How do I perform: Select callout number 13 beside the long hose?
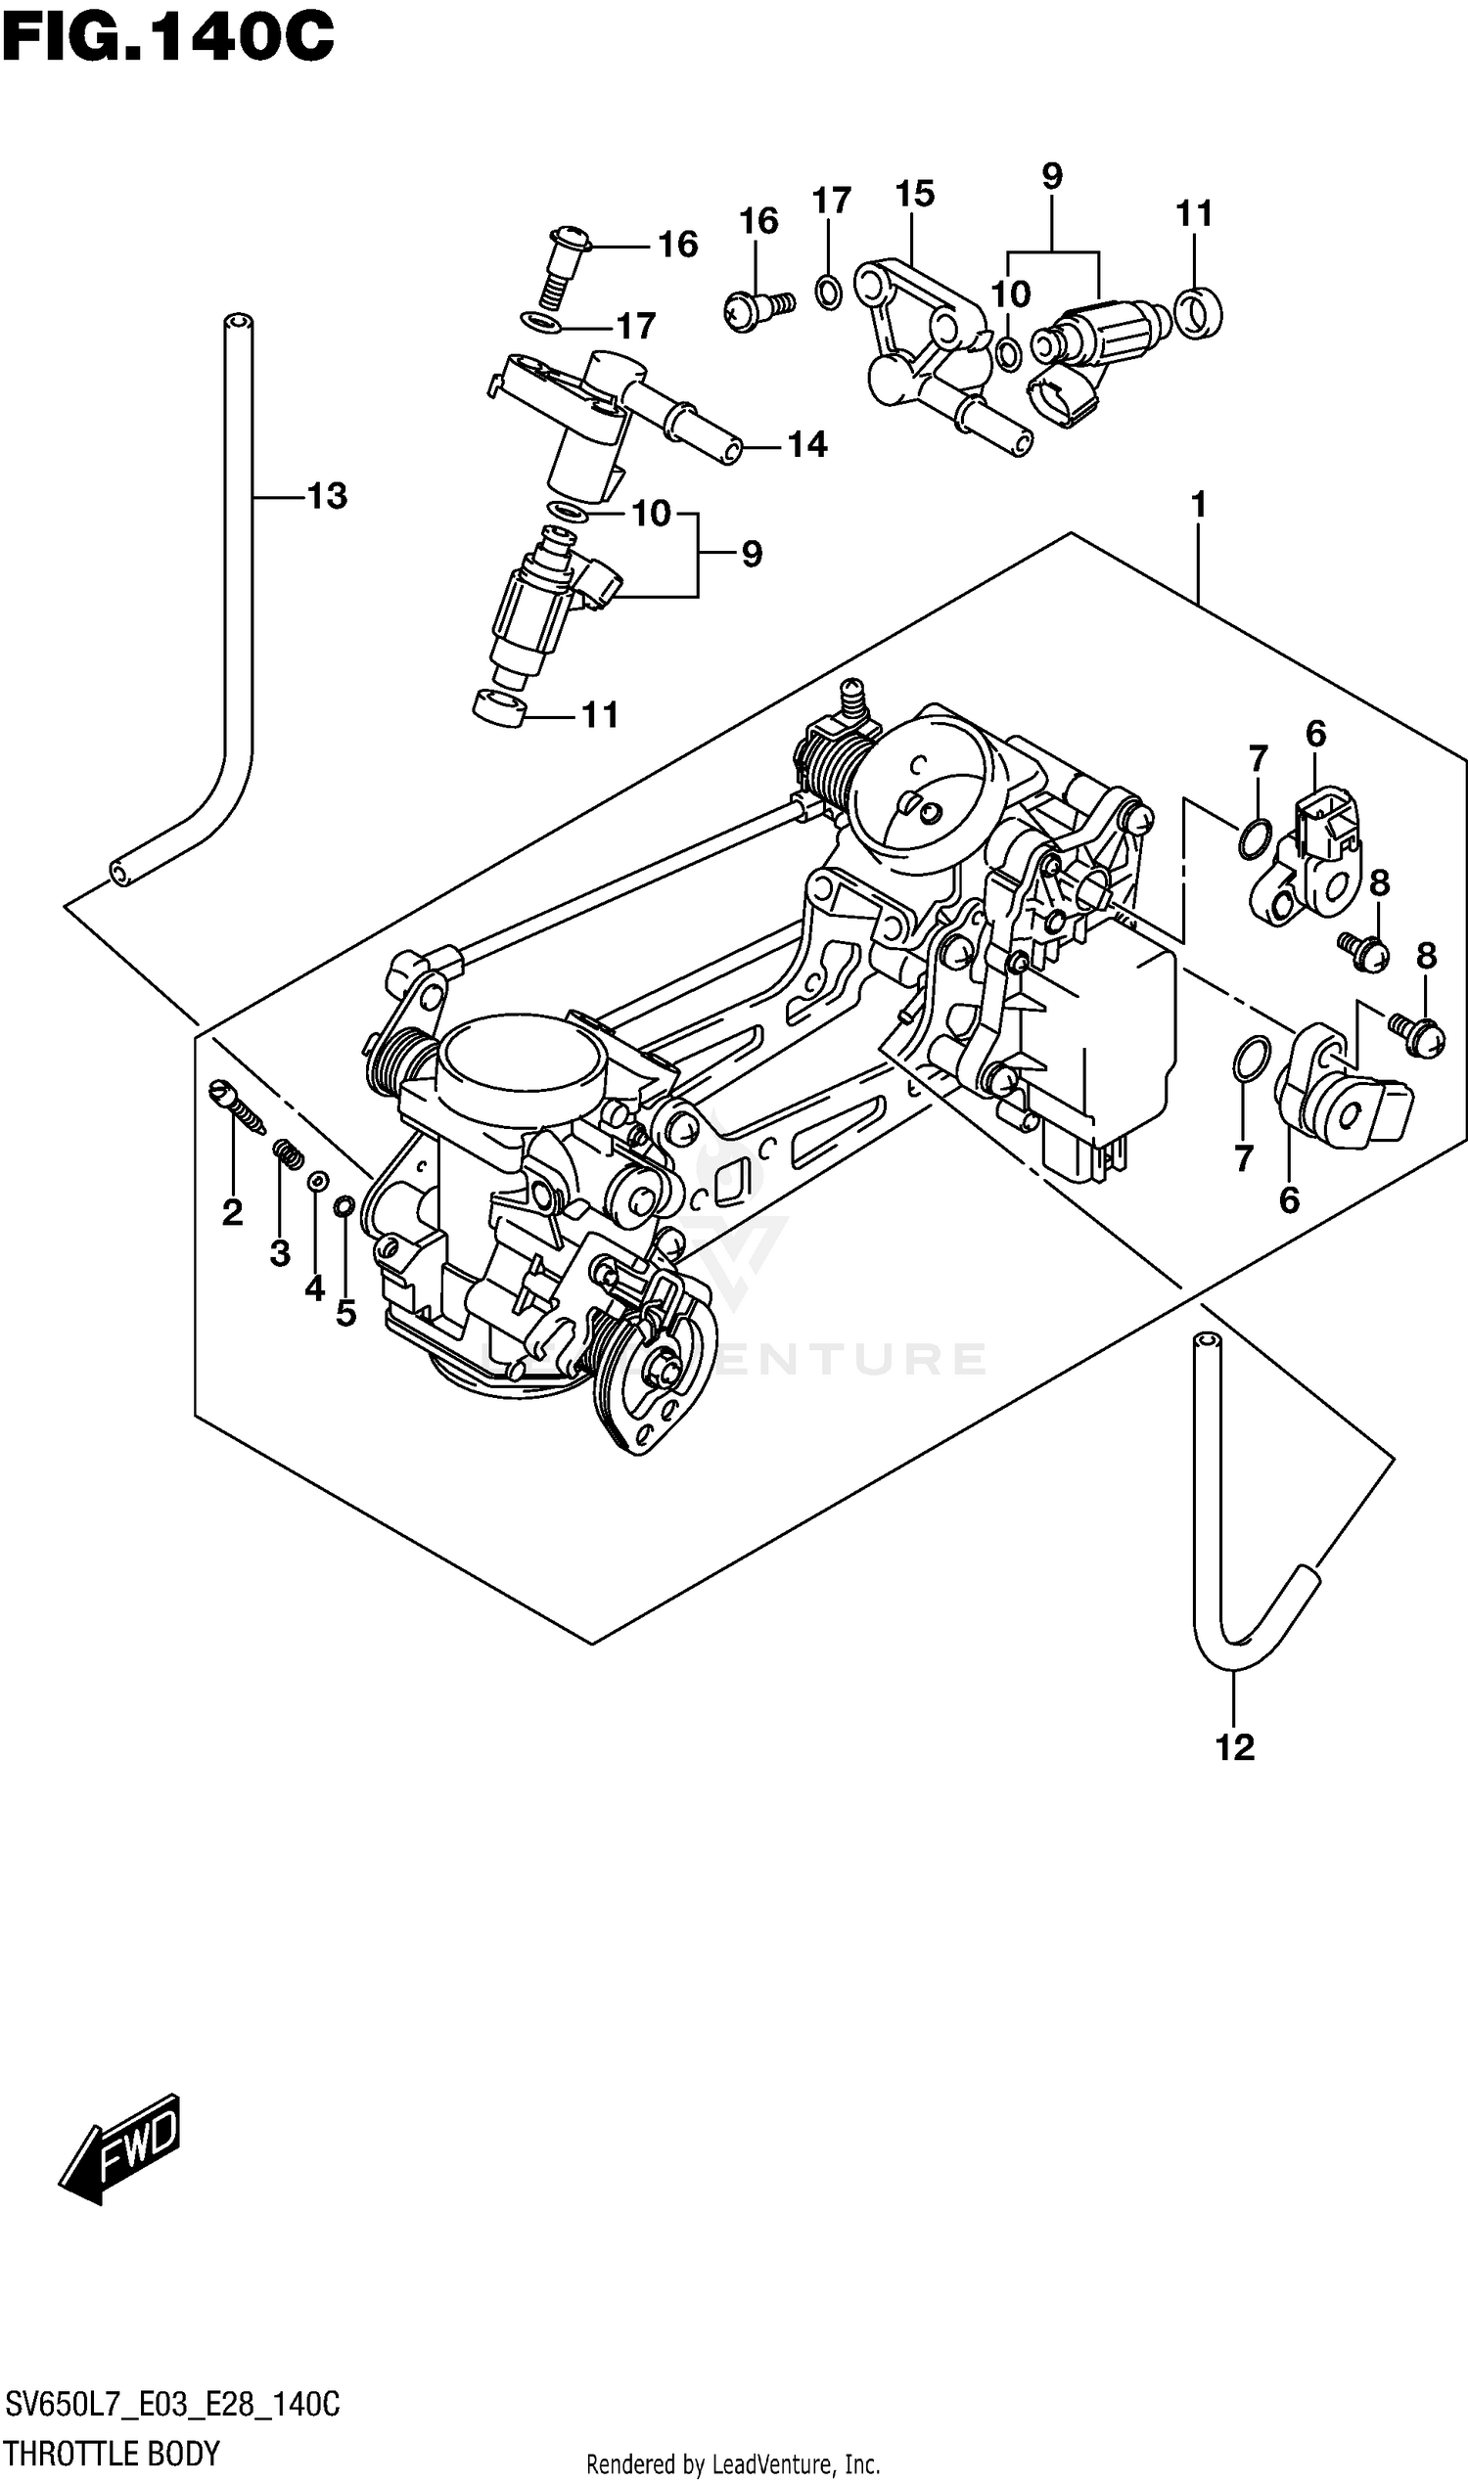327,495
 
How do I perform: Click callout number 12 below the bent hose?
1234,1747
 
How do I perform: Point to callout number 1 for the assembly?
1198,505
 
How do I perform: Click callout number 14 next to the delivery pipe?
807,445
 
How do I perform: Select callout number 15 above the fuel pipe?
914,194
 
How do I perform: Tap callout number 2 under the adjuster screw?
233,1211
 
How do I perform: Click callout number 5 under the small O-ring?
345,1313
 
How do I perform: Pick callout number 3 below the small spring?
280,1253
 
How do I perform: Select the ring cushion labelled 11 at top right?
1197,312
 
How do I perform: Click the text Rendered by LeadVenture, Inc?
733,2463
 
